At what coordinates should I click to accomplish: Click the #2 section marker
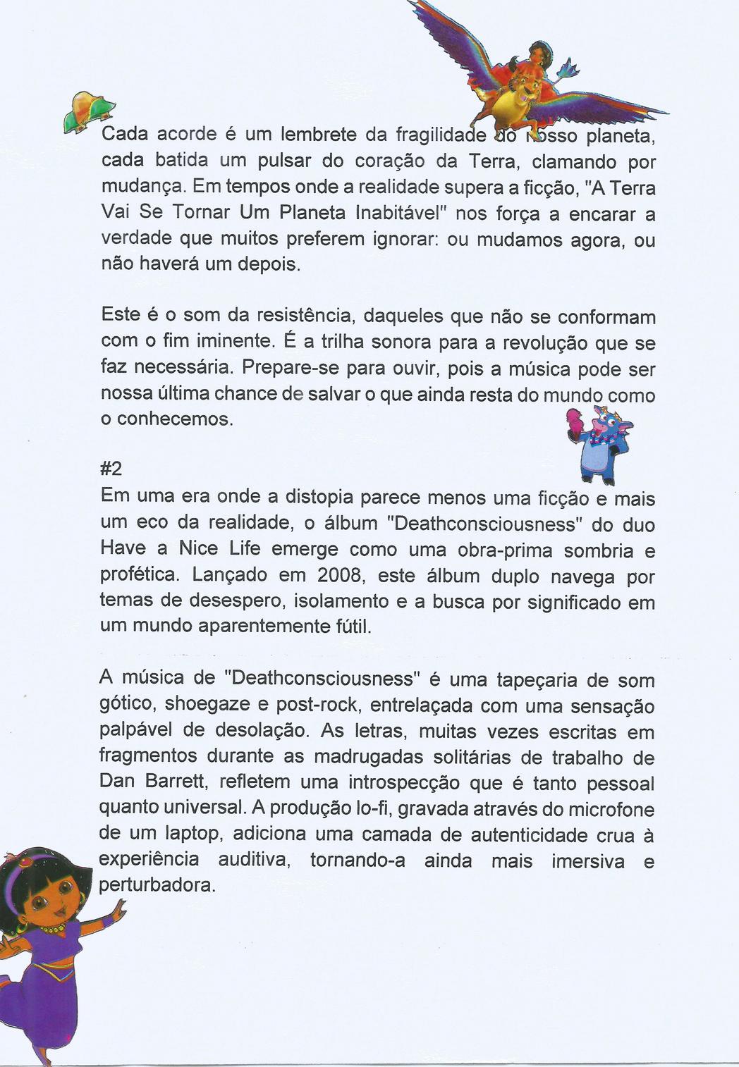[x=113, y=470]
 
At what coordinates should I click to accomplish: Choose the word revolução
[x=542, y=343]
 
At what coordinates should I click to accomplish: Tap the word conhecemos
[x=174, y=419]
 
